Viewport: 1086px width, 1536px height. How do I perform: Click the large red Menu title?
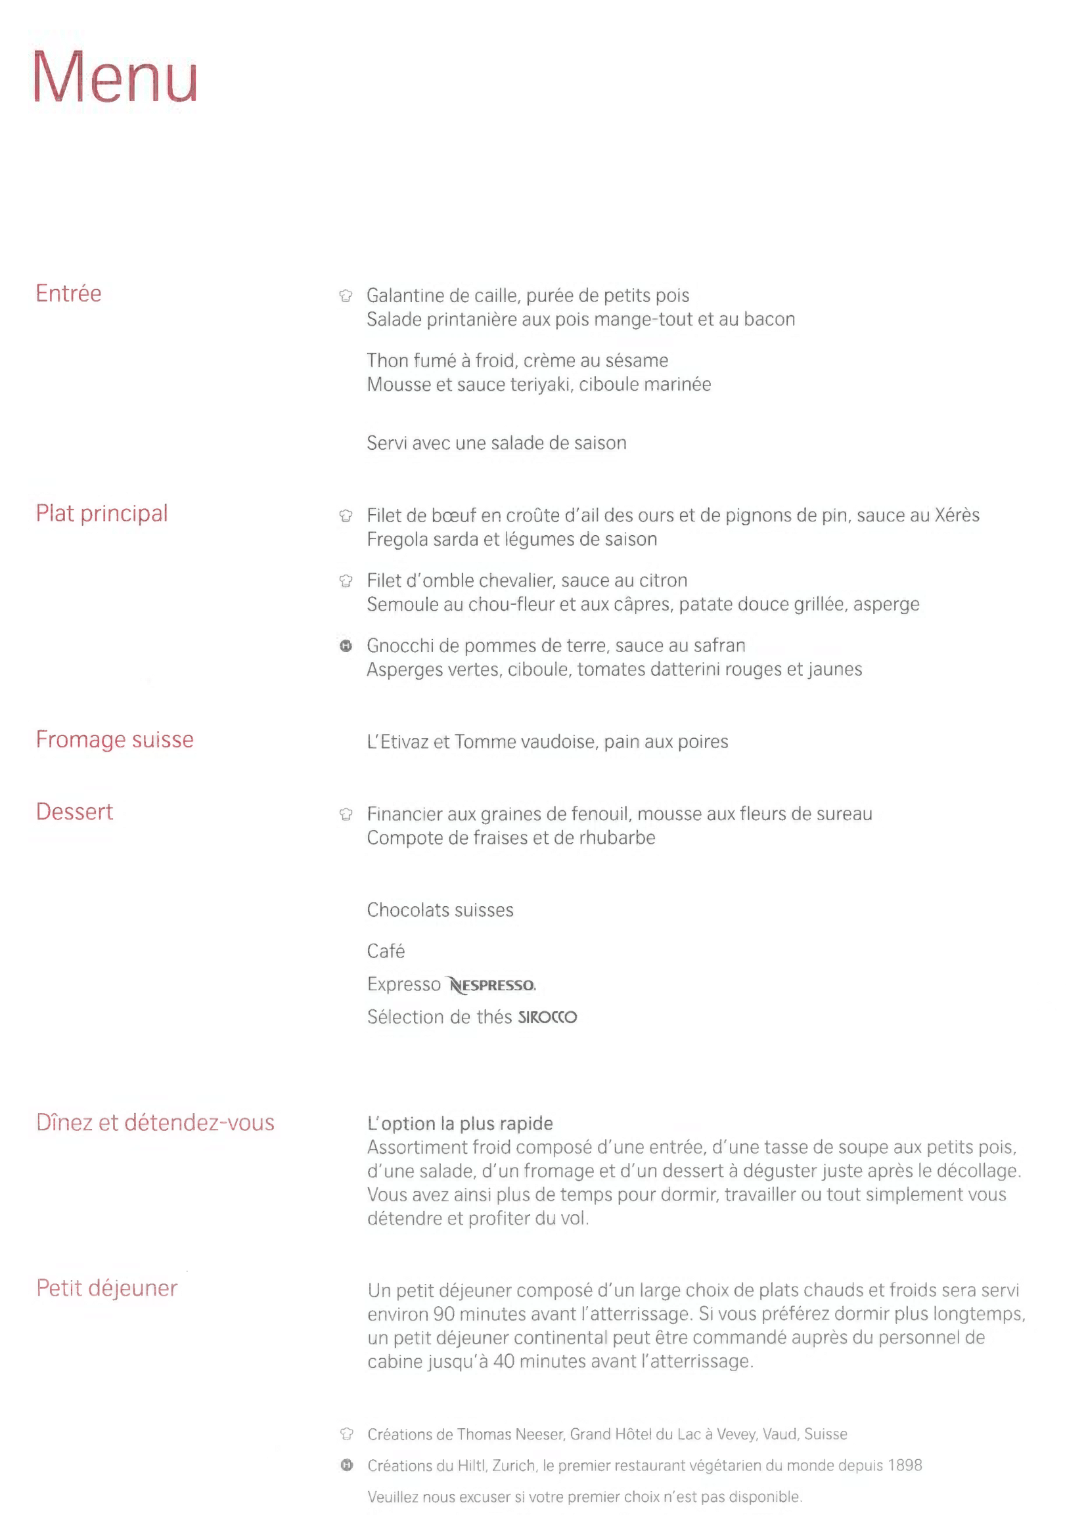pos(115,77)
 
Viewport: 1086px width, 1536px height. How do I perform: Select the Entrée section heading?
pos(68,294)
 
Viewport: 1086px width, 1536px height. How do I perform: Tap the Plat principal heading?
pos(102,513)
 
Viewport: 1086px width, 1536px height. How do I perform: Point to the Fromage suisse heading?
pos(114,739)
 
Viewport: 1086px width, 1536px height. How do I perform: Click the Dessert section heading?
pos(74,812)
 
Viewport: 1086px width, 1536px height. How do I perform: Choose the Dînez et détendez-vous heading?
pos(155,1122)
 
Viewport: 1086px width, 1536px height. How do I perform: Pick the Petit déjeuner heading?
pos(107,1288)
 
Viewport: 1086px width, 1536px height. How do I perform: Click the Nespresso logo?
pos(493,985)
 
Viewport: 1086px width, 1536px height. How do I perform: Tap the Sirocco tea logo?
pos(547,1017)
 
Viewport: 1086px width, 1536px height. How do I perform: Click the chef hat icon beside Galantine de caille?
pos(346,296)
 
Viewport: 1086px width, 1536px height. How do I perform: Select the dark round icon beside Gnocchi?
pos(346,646)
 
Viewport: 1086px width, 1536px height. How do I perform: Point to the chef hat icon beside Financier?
pos(346,814)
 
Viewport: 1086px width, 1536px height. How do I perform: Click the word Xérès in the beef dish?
pos(957,515)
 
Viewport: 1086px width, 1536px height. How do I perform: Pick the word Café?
pos(386,952)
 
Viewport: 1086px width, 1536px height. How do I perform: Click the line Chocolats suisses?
pos(440,910)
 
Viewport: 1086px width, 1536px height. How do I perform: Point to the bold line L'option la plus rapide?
pos(460,1123)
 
